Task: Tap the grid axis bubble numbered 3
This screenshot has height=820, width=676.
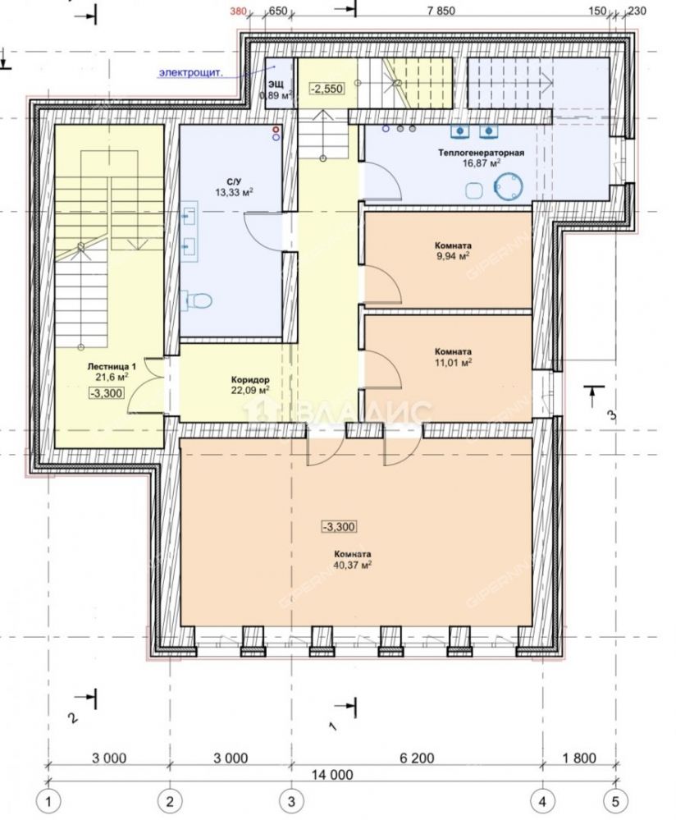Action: click(291, 800)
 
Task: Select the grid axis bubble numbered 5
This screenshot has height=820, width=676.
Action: click(615, 800)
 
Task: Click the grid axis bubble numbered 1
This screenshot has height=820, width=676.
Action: click(49, 800)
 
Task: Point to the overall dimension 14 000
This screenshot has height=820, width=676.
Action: click(331, 775)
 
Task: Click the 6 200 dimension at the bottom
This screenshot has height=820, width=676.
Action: click(417, 758)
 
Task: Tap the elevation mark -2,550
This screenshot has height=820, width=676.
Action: click(327, 89)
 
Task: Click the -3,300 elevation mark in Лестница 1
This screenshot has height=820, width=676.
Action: click(107, 393)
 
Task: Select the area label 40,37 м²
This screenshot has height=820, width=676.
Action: click(353, 565)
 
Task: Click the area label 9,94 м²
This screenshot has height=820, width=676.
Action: click(452, 255)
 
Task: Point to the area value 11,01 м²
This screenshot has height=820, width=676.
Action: click(453, 362)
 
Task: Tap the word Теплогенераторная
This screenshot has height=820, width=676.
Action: click(481, 153)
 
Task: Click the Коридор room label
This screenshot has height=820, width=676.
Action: click(250, 380)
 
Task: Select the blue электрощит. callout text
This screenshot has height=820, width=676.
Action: click(191, 72)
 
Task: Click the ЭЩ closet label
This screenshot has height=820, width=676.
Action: click(276, 85)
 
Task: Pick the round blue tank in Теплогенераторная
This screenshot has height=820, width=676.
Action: click(509, 186)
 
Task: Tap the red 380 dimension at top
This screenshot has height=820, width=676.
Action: click(239, 11)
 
